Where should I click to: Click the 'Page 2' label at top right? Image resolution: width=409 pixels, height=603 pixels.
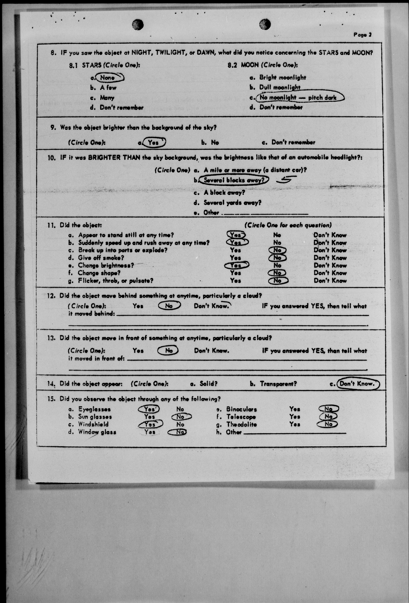(x=362, y=35)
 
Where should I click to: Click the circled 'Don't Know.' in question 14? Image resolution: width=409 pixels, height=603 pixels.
(x=357, y=383)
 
